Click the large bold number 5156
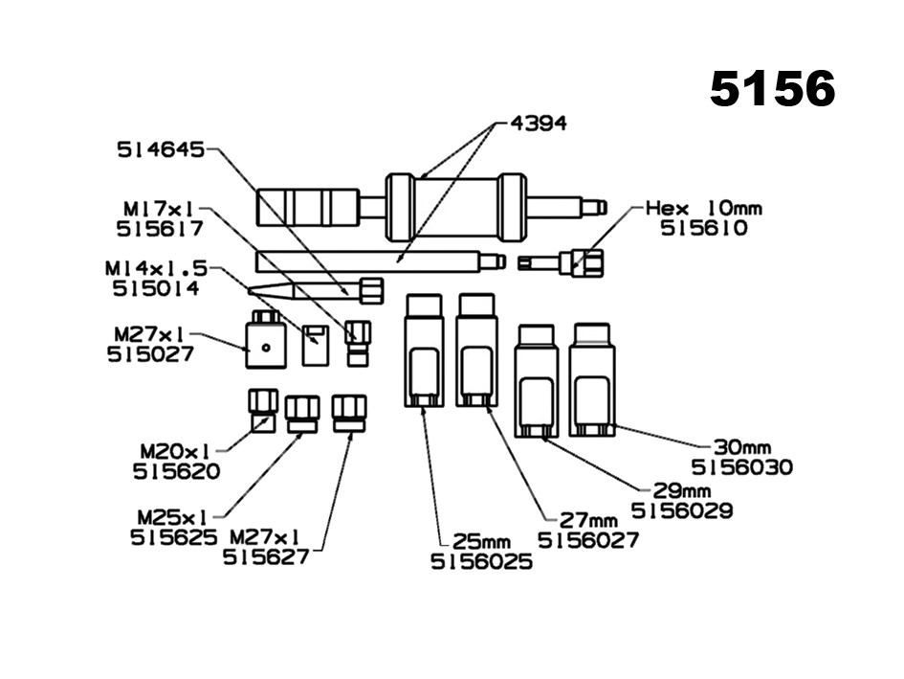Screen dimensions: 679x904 pyautogui.click(x=772, y=89)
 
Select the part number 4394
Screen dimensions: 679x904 pyautogui.click(x=538, y=124)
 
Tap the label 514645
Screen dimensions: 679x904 pyautogui.click(x=161, y=150)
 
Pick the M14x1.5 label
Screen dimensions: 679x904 pyautogui.click(x=156, y=269)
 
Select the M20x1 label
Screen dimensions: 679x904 pyautogui.click(x=176, y=450)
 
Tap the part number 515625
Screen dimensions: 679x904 pyautogui.click(x=173, y=536)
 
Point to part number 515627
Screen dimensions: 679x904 pyautogui.click(x=267, y=556)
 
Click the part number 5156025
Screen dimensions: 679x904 pyautogui.click(x=481, y=562)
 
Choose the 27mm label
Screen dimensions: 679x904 pyautogui.click(x=589, y=520)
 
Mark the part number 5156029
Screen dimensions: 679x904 pyautogui.click(x=682, y=510)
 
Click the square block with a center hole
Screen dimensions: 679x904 pyautogui.click(x=266, y=345)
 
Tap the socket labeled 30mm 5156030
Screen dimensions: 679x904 pyautogui.click(x=592, y=379)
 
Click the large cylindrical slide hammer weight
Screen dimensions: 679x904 pyautogui.click(x=454, y=207)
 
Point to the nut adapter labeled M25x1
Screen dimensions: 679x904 pyautogui.click(x=301, y=415)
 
